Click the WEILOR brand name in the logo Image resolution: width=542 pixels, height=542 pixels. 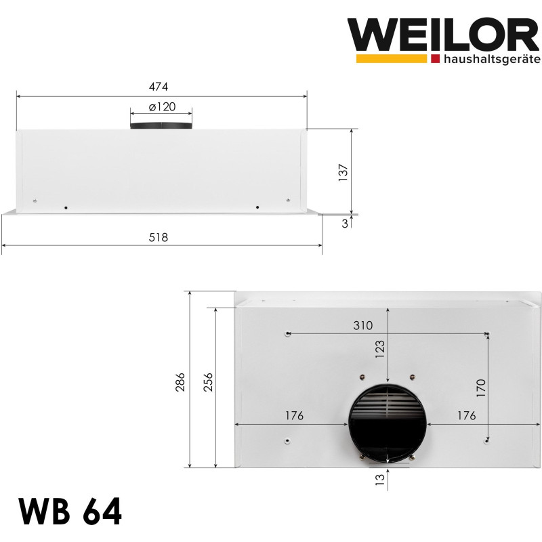click(443, 35)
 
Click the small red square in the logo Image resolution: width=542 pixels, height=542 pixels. click(434, 60)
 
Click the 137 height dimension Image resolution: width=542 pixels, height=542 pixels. click(342, 172)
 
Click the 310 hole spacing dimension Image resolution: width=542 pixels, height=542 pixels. click(362, 325)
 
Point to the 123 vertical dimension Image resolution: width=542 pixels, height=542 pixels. click(379, 349)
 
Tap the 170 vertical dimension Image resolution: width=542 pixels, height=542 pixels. click(480, 388)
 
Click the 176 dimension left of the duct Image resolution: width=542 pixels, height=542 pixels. click(293, 415)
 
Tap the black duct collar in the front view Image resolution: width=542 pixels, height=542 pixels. click(161, 126)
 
